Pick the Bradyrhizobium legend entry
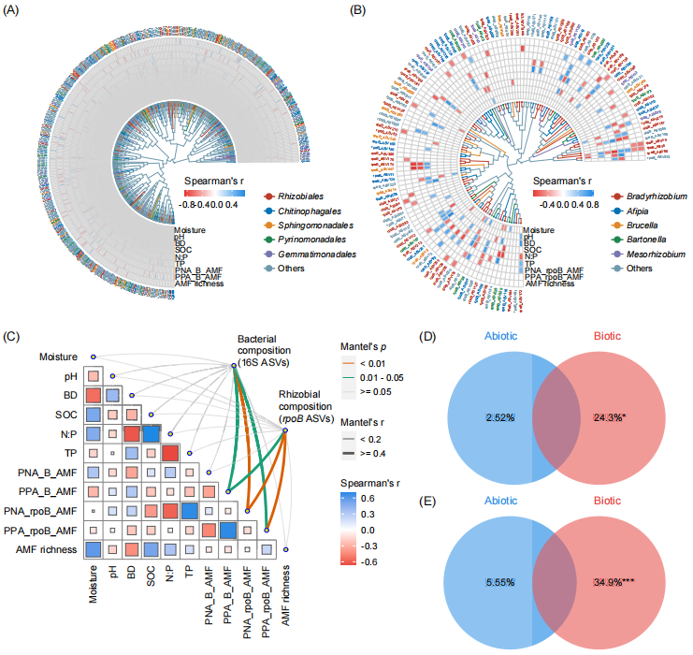651,196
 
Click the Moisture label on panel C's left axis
57,357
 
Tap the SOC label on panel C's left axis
65,415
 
